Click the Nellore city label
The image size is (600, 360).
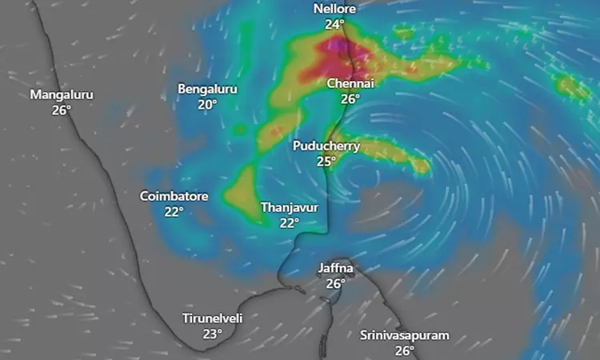334,9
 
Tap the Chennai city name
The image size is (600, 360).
350,83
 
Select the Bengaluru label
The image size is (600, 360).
208,88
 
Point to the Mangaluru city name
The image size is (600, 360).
62,94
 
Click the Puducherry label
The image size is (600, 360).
326,146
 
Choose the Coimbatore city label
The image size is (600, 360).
174,195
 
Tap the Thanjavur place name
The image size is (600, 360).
290,207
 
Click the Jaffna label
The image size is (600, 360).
335,268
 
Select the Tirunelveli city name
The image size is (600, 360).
212,318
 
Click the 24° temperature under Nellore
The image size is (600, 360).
334,24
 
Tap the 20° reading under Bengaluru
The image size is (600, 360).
208,104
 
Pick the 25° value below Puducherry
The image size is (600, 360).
326,162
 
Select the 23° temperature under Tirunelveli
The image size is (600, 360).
212,334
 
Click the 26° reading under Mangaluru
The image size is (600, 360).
62,110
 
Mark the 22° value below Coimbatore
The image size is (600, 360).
174,211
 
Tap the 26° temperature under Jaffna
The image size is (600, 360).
335,284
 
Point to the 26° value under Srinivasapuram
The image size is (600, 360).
404,350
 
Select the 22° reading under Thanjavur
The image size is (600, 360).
290,223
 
